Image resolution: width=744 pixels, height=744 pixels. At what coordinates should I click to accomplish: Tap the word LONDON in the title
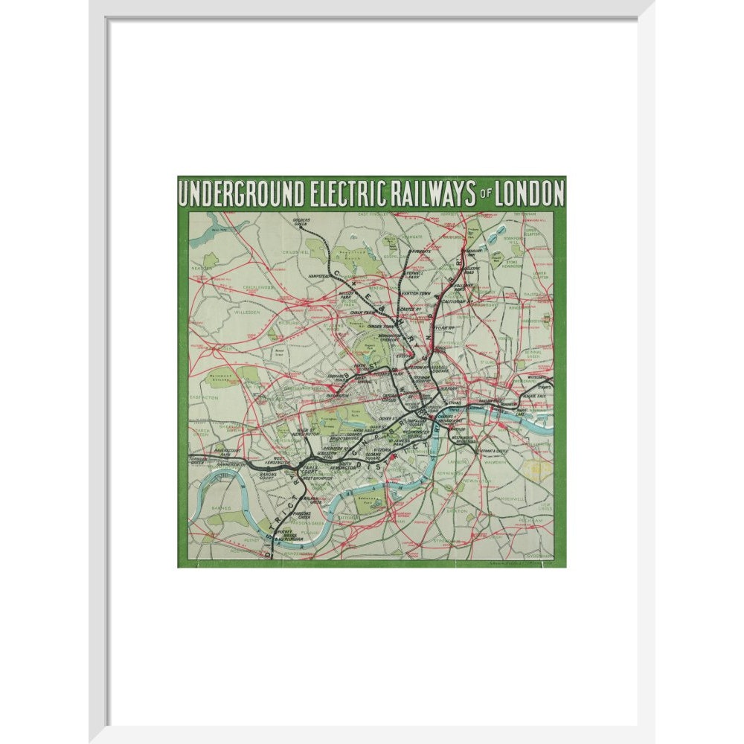point(526,193)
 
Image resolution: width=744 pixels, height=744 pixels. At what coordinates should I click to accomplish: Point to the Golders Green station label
point(301,221)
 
